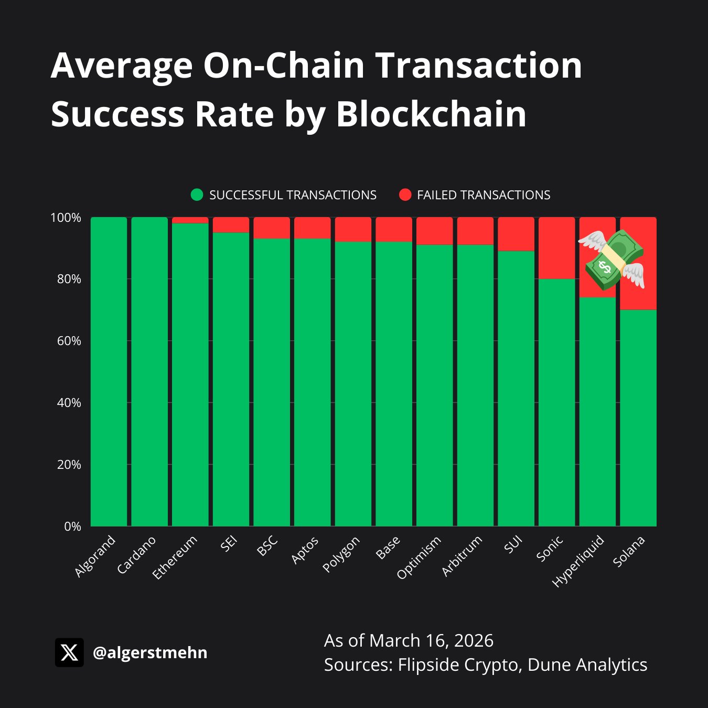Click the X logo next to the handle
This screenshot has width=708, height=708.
[69, 652]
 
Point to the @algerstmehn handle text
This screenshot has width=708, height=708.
[150, 652]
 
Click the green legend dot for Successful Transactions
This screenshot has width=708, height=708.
[197, 195]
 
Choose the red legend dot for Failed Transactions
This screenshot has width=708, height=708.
[405, 195]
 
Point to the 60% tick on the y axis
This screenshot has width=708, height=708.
[69, 341]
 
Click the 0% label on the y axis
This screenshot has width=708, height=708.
[73, 527]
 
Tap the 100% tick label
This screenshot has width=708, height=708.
[66, 218]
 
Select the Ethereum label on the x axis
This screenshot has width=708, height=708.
[175, 557]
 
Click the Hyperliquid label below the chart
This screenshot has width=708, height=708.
[578, 561]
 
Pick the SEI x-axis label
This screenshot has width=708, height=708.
[229, 544]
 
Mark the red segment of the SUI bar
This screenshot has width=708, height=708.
[516, 234]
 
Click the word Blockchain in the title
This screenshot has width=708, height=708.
[431, 114]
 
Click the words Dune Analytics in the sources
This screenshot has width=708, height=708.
[587, 664]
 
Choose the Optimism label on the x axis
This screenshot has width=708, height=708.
[419, 557]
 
